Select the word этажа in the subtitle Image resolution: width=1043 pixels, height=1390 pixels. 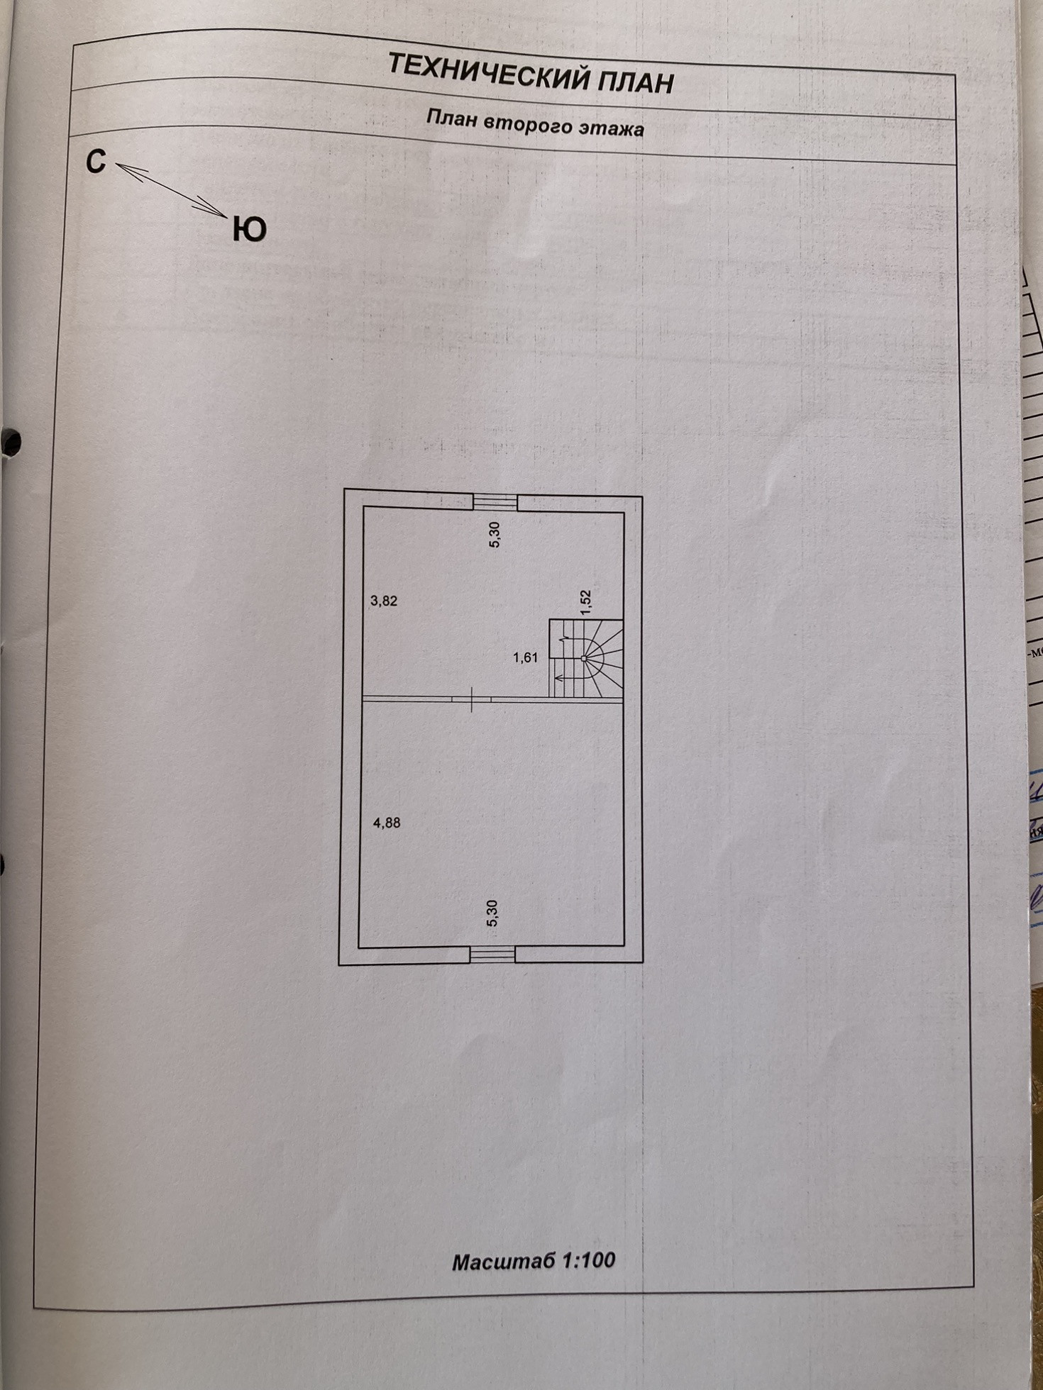click(x=611, y=128)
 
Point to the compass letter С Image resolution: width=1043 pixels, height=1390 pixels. click(x=96, y=162)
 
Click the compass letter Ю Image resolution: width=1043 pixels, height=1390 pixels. click(x=249, y=229)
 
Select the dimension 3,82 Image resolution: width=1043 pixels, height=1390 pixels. click(x=384, y=601)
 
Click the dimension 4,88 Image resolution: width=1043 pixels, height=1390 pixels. click(x=387, y=823)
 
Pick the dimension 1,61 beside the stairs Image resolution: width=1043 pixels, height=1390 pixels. click(x=525, y=657)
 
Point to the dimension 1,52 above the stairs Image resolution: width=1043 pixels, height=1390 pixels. click(x=585, y=601)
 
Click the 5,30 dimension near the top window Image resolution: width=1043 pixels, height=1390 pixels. click(x=495, y=535)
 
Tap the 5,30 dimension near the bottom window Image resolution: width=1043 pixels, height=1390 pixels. click(x=492, y=913)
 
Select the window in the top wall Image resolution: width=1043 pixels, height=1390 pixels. click(x=495, y=502)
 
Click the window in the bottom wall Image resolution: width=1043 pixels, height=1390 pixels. click(x=492, y=955)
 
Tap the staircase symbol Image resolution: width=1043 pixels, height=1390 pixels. click(x=587, y=660)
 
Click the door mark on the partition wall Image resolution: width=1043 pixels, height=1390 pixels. click(x=472, y=699)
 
